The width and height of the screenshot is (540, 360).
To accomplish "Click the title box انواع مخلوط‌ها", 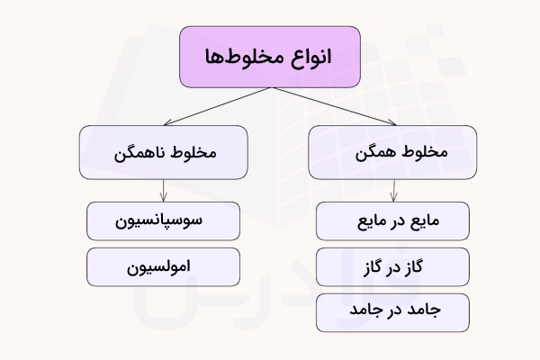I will point(270,57).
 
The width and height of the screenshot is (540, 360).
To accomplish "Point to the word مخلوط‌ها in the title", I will point(246,57).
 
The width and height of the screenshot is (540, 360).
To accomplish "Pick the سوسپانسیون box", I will point(163,221).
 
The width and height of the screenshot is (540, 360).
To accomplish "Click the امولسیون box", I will point(163,267).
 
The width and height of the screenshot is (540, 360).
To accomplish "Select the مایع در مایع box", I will point(392,221).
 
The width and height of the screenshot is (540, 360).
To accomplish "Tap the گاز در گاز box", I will point(392,267).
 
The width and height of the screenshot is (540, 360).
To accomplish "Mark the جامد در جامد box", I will point(392,311).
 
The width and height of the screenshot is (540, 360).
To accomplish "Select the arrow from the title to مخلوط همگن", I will point(333,106).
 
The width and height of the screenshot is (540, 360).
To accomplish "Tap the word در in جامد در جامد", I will point(393,311).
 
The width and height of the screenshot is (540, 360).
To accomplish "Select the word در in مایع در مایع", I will point(393,221).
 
